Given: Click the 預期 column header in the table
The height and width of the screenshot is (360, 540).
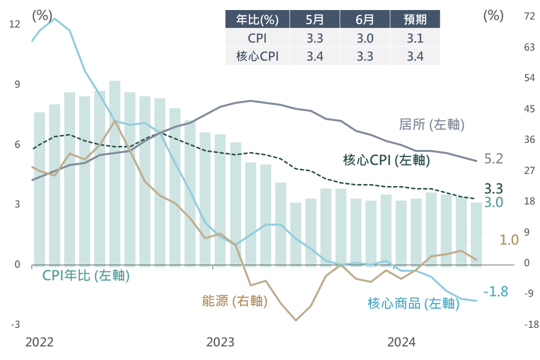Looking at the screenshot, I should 415,20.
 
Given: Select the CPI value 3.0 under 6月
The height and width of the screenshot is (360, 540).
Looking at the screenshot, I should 365,38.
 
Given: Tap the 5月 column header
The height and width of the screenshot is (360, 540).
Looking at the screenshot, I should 315,20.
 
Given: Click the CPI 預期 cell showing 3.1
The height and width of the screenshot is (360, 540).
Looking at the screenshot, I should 415,38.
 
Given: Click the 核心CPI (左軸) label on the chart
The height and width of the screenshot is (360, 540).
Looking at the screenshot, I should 387,160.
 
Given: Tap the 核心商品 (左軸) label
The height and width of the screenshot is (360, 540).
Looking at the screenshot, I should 414,303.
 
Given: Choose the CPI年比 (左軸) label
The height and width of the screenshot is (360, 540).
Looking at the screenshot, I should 86,275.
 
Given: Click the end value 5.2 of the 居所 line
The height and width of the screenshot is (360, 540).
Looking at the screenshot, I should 494,159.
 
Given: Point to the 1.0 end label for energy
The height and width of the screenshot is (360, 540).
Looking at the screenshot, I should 509,240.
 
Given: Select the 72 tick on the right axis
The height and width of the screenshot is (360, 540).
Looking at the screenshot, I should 529,17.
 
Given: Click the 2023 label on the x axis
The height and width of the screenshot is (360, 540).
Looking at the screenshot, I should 220,342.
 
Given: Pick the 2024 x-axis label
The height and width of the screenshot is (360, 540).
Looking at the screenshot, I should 401,342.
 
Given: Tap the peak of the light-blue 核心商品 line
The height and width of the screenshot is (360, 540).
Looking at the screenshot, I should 54,19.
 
